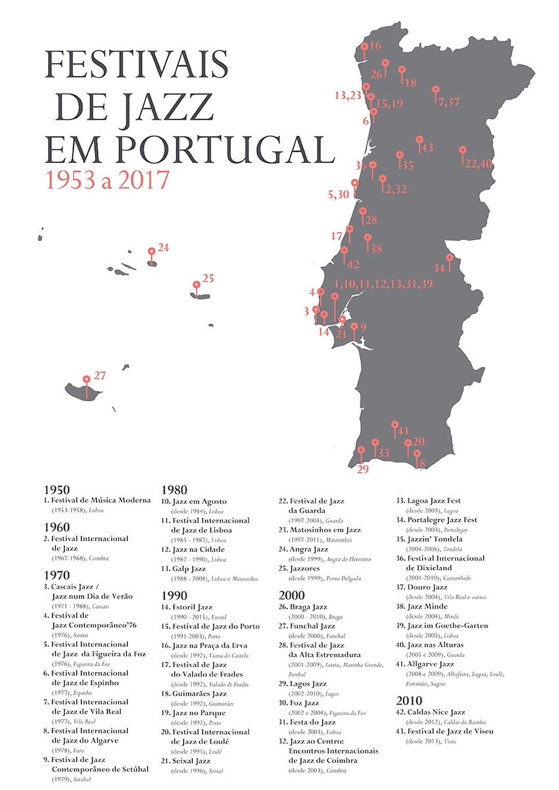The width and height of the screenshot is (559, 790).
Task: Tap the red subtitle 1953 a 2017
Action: pyautogui.click(x=107, y=180)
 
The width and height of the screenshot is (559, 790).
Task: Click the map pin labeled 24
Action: pyautogui.click(x=152, y=251)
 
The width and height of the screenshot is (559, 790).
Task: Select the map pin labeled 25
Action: pyautogui.click(x=196, y=285)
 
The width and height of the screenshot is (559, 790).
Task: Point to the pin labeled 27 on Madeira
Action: pyautogui.click(x=86, y=379)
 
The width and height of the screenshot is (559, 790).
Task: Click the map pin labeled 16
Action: pyautogui.click(x=364, y=47)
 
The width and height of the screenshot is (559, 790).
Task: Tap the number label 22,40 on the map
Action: pyautogui.click(x=478, y=164)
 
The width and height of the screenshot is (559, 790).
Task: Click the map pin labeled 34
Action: pyautogui.click(x=450, y=258)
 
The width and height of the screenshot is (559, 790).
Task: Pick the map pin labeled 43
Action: pyautogui.click(x=420, y=139)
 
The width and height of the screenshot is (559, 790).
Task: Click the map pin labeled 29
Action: pyautogui.click(x=360, y=450)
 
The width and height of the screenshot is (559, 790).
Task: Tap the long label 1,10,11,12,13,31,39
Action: pyautogui.click(x=383, y=284)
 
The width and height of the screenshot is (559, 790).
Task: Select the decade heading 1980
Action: pyautogui.click(x=174, y=490)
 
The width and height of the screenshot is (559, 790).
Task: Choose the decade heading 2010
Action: pyautogui.click(x=410, y=700)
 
